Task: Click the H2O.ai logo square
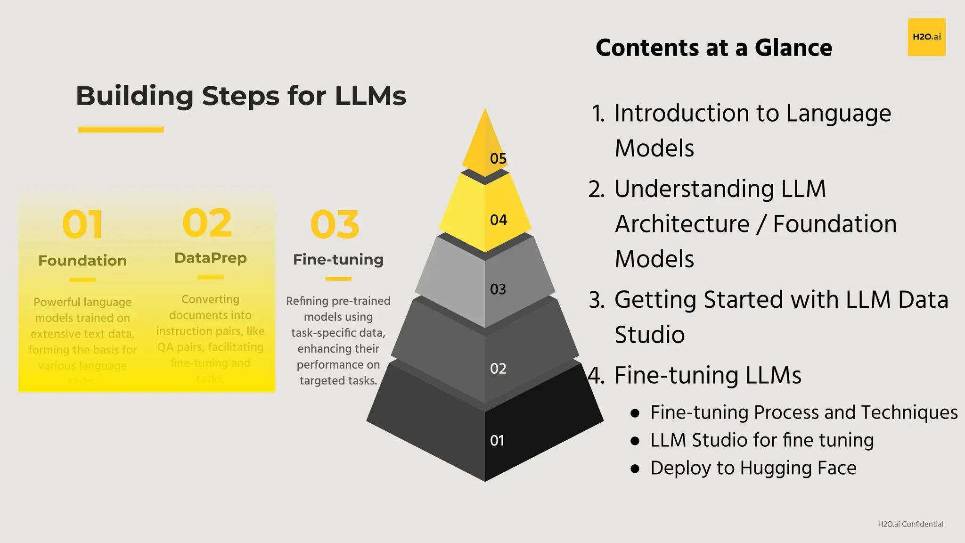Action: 926,37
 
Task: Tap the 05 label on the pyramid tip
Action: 498,158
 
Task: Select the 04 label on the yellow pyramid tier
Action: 499,220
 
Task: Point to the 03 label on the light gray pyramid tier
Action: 498,289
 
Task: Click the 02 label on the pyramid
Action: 498,369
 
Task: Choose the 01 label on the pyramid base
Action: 497,441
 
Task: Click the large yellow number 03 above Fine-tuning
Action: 335,225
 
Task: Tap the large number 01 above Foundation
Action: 82,225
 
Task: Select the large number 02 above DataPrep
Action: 207,223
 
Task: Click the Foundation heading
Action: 82,261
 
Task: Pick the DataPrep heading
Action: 211,258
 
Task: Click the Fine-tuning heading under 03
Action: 338,259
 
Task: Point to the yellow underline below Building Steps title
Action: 121,130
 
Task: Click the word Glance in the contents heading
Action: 793,48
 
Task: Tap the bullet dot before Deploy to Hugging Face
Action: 635,469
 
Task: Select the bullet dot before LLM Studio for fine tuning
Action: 635,441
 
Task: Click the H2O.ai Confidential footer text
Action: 910,524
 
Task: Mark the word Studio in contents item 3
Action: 650,335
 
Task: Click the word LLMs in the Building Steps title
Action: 370,96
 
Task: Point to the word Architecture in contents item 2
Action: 682,224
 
